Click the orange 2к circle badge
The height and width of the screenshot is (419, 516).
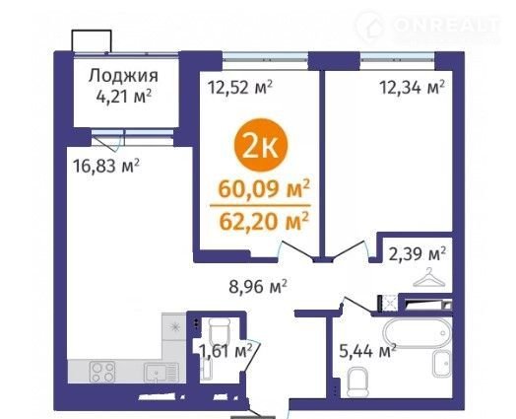click(261, 145)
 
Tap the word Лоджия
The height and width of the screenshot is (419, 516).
click(123, 77)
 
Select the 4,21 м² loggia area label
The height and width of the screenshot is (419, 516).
click(124, 96)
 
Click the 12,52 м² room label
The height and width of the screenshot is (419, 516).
click(240, 88)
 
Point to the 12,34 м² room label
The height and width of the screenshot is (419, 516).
click(413, 87)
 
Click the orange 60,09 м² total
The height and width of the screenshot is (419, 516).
click(264, 188)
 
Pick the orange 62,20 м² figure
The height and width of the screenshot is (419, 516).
click(264, 222)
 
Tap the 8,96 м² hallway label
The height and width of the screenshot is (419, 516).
click(258, 287)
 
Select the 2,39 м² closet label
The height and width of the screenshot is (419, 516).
click(418, 254)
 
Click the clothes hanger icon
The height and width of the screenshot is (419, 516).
click(429, 278)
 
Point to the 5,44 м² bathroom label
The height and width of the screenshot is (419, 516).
click(367, 351)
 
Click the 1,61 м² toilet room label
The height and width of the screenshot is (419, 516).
click(226, 351)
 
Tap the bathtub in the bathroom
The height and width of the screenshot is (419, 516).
click(418, 332)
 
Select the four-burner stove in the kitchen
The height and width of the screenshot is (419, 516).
click(102, 372)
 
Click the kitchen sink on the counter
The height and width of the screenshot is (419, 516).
click(161, 373)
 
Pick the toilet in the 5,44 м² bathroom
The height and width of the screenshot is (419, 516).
click(357, 383)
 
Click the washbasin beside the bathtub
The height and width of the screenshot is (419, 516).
click(441, 364)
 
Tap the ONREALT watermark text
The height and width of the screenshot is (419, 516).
click(446, 25)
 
